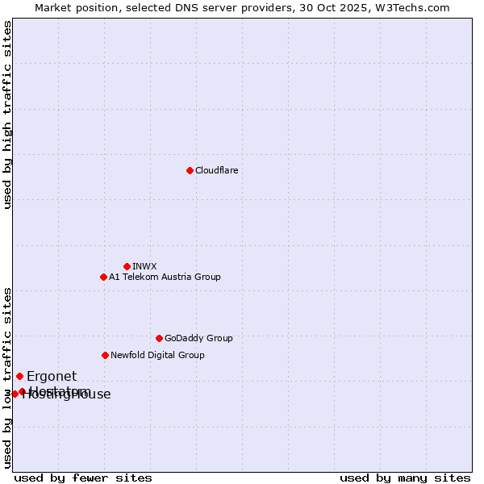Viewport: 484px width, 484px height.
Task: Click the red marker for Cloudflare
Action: point(190,170)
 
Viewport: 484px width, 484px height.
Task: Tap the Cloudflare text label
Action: point(217,170)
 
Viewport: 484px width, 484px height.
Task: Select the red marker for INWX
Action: point(127,266)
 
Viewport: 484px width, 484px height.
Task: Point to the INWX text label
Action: point(145,266)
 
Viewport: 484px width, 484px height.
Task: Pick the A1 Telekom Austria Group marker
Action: point(103,277)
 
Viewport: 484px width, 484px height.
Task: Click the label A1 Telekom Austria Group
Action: point(165,277)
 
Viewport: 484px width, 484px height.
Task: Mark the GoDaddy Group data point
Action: point(159,338)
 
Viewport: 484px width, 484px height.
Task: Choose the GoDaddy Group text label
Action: point(198,338)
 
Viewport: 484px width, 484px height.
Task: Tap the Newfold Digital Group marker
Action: point(105,355)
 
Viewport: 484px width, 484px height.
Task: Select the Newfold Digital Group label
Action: point(157,355)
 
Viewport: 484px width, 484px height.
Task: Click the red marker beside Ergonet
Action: point(19,376)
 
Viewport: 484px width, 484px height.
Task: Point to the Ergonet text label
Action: point(52,376)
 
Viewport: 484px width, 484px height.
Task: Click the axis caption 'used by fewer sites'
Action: point(83,478)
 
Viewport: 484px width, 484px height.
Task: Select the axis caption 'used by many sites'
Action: point(405,478)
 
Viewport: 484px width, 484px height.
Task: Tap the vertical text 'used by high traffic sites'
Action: point(7,115)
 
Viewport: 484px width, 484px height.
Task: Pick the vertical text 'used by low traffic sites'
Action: point(7,378)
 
